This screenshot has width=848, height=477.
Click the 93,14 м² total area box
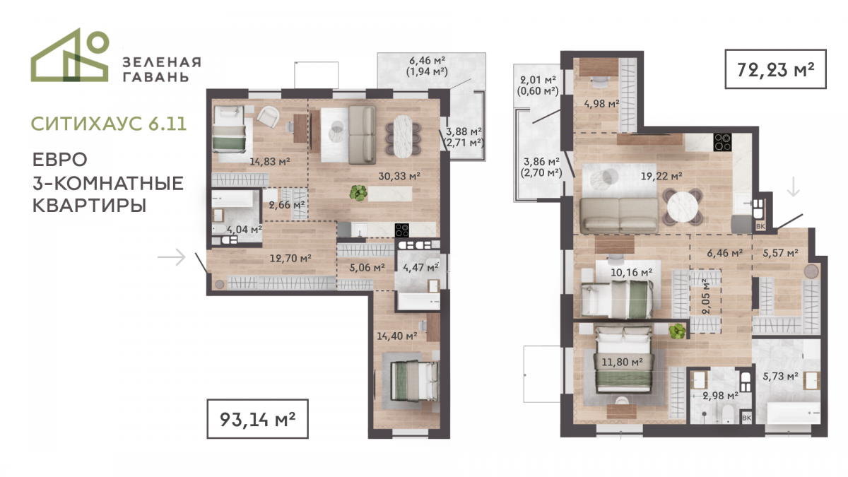(x=257, y=418)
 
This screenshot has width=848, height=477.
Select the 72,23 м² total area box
(x=775, y=69)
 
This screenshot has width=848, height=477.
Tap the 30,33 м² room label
(x=399, y=176)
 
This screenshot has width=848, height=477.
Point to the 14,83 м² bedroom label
(x=269, y=162)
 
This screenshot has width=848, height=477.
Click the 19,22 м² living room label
(x=661, y=176)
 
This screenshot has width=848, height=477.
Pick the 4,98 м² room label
(x=601, y=103)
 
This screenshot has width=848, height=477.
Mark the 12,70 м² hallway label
(x=290, y=259)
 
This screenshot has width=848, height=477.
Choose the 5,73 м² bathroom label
(x=780, y=376)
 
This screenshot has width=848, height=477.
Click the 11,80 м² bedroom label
(x=622, y=363)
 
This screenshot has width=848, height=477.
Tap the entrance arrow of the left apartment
(x=172, y=257)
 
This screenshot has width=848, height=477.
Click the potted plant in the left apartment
(x=358, y=193)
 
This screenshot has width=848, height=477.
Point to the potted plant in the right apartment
(x=677, y=331)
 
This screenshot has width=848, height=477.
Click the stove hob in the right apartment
(x=722, y=142)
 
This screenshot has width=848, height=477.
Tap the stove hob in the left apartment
(x=401, y=230)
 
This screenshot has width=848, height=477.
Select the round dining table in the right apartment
(x=683, y=208)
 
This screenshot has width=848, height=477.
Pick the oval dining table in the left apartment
(x=403, y=136)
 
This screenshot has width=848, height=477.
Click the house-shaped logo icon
(x=70, y=55)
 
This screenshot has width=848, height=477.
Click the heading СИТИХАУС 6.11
(x=109, y=124)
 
